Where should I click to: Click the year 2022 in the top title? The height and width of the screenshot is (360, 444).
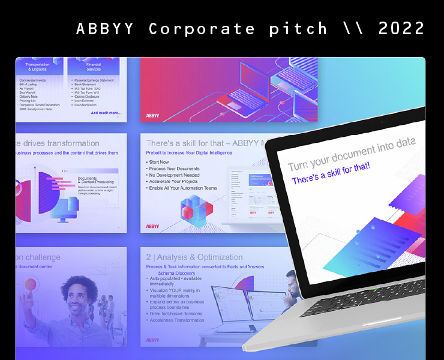tap(401, 28)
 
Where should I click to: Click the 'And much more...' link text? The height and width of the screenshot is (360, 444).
tap(106, 113)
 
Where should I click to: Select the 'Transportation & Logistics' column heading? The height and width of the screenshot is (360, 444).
tap(37, 67)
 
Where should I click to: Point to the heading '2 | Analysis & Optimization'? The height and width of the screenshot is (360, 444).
tap(194, 257)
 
